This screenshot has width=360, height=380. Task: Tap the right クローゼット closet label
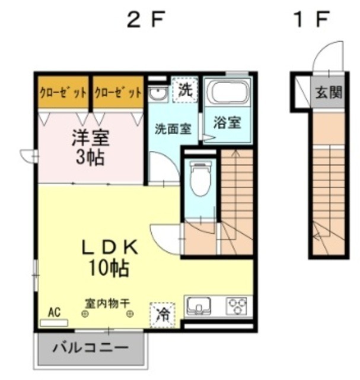pos(118,93)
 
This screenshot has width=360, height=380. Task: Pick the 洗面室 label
pos(173,128)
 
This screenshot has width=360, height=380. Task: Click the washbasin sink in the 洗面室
pos(158,93)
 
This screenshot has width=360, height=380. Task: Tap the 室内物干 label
pos(106,303)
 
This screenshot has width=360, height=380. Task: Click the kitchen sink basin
pos(199,307)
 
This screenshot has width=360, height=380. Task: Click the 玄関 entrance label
pos(328,93)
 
